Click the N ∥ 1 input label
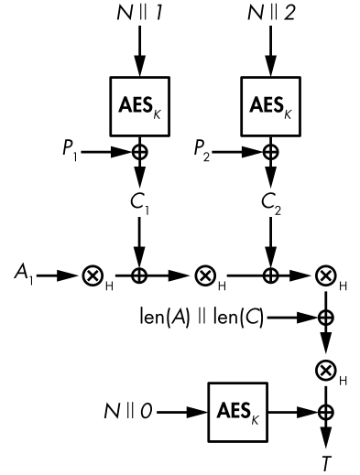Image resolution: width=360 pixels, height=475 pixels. [139, 13]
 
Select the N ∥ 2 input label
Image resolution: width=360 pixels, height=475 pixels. [271, 13]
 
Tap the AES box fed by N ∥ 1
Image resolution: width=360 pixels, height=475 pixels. [140, 106]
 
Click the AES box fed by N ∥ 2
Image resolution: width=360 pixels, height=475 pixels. [271, 106]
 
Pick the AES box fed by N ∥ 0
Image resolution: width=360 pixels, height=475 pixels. [238, 412]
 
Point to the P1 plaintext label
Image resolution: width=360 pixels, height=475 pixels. [70, 150]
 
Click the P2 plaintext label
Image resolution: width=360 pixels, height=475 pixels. [202, 150]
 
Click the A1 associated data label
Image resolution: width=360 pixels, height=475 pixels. [24, 274]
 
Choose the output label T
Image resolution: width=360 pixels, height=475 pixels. [326, 463]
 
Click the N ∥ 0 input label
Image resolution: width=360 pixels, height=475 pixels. [128, 411]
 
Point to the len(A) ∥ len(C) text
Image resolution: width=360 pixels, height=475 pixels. [202, 318]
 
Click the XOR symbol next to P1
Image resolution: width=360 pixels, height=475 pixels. [140, 152]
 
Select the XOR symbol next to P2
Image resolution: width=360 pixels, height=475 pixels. [270, 152]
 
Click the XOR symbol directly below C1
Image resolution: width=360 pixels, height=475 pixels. [139, 276]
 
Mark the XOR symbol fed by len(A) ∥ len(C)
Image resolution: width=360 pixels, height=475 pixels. [326, 318]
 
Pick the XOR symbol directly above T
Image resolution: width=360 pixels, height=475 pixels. [326, 413]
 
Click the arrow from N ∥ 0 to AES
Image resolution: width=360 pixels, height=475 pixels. [182, 413]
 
